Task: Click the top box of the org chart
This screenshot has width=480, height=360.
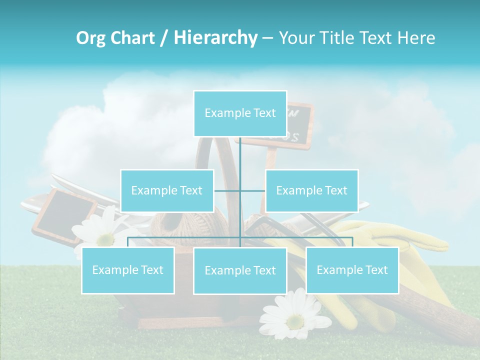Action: click(x=240, y=113)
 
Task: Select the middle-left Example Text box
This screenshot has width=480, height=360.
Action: click(x=167, y=190)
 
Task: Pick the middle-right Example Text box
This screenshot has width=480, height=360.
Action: click(x=311, y=190)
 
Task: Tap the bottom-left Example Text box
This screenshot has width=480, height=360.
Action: click(x=128, y=270)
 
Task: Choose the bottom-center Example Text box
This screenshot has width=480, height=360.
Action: click(x=240, y=270)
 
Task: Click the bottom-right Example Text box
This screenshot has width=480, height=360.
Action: click(x=352, y=270)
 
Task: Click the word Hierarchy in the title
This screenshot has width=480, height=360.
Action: click(x=215, y=37)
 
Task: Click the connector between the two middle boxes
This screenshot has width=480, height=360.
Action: click(x=240, y=190)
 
